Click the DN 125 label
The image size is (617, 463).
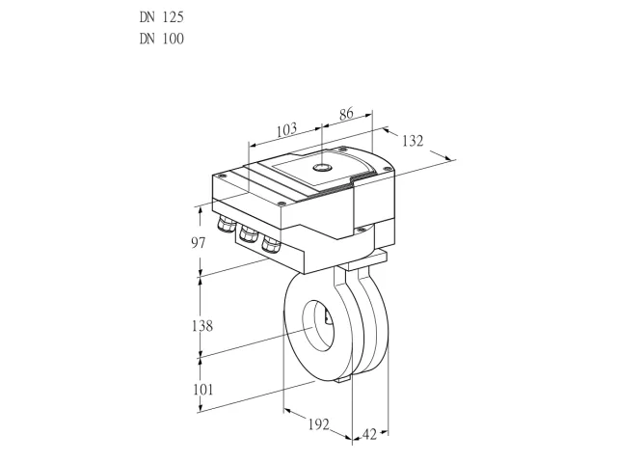pos(161,17)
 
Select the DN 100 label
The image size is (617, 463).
pos(161,39)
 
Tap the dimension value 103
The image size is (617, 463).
pos(286,129)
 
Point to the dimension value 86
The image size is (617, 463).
pos(346,114)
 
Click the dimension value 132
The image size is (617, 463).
pos(413,141)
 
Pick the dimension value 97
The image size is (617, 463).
pos(199,243)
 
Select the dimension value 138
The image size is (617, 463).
pos(202,326)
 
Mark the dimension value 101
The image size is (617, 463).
pos(202,390)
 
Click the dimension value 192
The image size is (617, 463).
pos(318,424)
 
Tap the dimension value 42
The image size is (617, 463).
pos(369,434)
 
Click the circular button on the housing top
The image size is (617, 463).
pos(322,168)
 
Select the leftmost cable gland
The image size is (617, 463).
pos(226,223)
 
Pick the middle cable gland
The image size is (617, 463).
pos(249,232)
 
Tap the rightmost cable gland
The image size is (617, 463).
pos(271,243)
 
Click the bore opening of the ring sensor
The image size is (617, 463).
pos(318,324)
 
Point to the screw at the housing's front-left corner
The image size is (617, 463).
pos(281,204)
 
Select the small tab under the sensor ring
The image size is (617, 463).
pos(343,379)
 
